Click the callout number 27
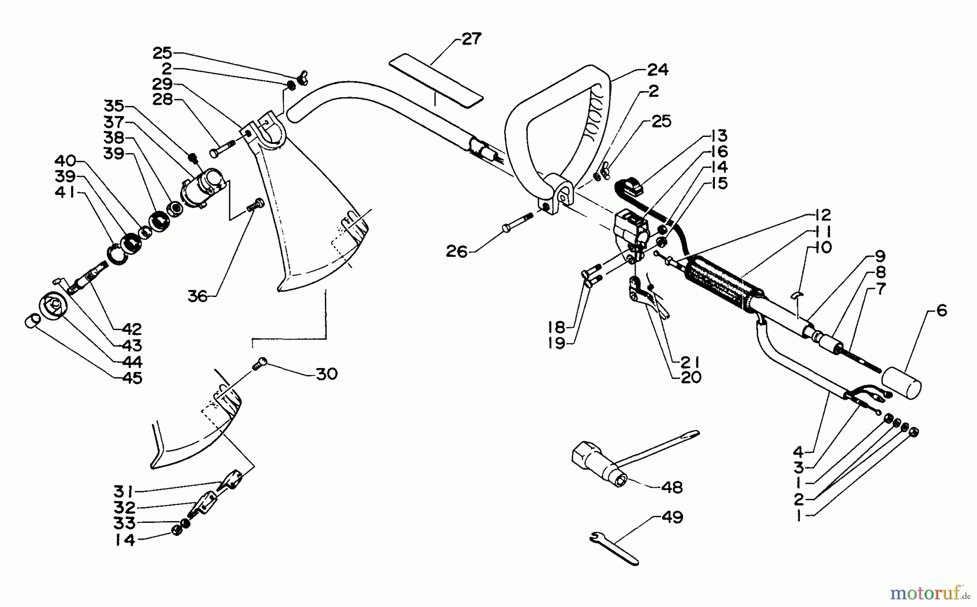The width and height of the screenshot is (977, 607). click(471, 39)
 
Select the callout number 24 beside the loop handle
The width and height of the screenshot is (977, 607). click(657, 69)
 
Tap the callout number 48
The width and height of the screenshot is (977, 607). click(671, 487)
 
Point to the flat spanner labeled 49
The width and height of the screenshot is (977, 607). click(614, 548)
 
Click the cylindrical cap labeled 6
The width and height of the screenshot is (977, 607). click(901, 382)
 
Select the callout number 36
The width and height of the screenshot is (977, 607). click(198, 296)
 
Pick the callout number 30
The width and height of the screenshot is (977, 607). click(326, 374)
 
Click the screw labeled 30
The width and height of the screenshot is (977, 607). click(261, 363)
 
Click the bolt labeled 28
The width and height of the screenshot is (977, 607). click(223, 148)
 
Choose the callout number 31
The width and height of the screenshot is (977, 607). click(124, 491)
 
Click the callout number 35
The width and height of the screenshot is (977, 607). click(114, 105)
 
